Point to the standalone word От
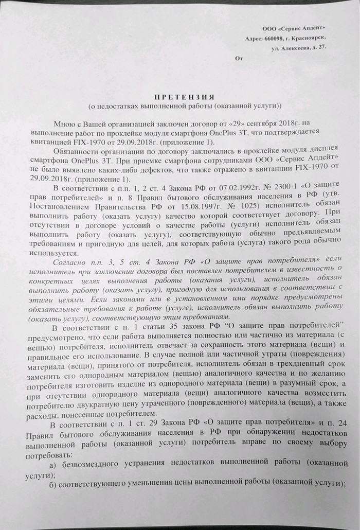tap(238, 58)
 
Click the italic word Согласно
tap(70, 262)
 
